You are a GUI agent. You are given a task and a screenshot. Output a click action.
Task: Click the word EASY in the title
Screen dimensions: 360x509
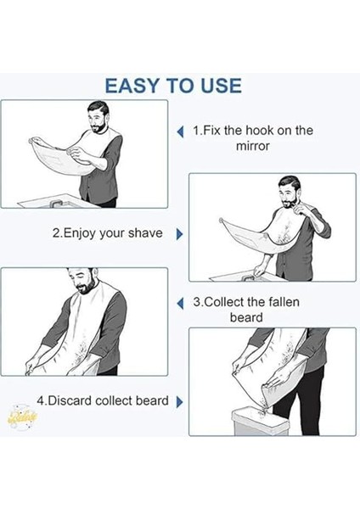tap(132, 86)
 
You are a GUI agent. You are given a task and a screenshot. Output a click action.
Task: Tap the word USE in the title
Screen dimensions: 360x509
tap(221, 86)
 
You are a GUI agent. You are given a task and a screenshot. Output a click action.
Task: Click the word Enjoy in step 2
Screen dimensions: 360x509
tap(79, 234)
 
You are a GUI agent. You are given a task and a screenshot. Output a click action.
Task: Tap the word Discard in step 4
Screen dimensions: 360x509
tap(70, 400)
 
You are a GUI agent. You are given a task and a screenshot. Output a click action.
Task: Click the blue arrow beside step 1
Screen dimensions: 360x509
tap(180, 131)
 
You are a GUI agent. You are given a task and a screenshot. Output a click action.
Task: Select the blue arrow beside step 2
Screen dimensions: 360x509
tap(179, 234)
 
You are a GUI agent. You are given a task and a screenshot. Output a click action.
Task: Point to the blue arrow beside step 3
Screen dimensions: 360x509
tap(180, 304)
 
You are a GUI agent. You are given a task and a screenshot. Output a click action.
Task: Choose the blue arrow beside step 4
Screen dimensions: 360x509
tap(179, 402)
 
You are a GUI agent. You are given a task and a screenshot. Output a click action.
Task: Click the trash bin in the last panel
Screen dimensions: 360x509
tap(261, 422)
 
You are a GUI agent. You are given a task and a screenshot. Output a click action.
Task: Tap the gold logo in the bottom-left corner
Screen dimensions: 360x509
tap(22, 417)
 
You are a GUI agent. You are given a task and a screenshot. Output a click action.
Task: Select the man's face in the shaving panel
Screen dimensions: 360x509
tap(287, 196)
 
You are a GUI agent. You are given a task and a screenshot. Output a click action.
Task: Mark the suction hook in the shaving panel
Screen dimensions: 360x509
tap(222, 221)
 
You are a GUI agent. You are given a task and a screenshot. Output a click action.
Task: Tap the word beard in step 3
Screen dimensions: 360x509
tap(246, 317)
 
